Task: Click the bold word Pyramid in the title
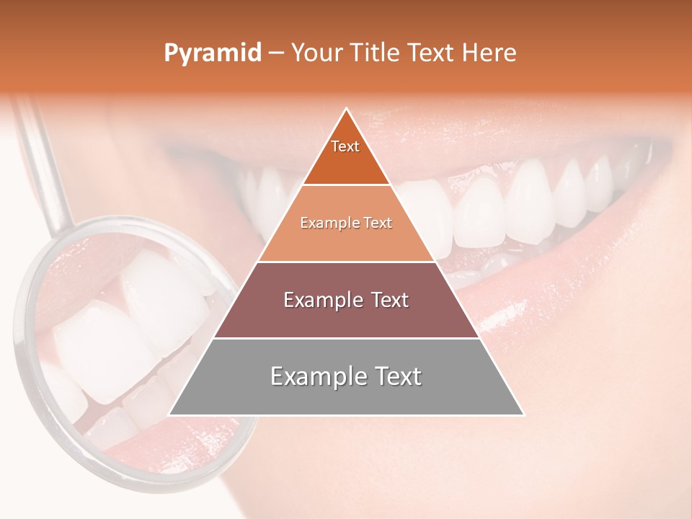pos(213,53)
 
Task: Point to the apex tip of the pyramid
pos(347,110)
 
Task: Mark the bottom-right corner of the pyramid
pos(523,414)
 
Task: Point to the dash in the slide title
pos(276,53)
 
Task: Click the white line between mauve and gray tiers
pos(346,338)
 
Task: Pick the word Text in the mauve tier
pos(389,300)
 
